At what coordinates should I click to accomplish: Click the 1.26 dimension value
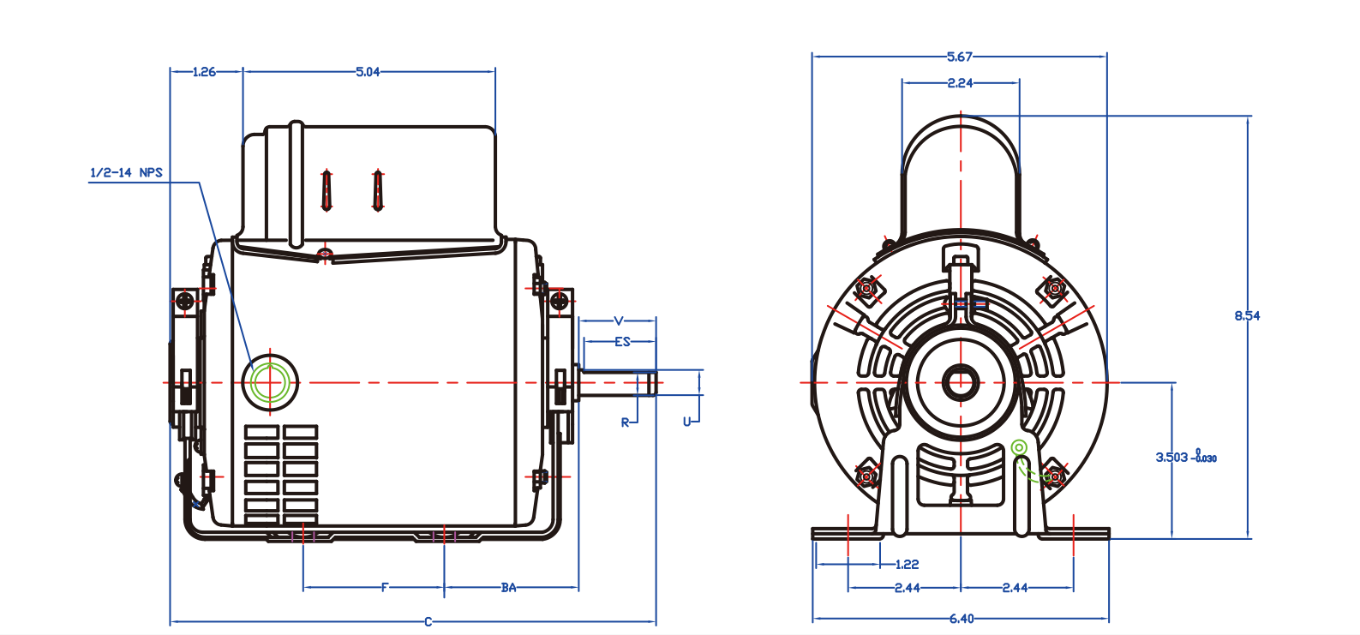pos(204,72)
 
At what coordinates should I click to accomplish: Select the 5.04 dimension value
pos(368,72)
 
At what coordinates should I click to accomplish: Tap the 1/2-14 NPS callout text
pos(126,172)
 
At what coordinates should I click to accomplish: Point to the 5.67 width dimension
pos(960,57)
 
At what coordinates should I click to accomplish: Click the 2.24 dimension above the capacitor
pos(960,83)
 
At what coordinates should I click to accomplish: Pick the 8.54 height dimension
pos(1247,315)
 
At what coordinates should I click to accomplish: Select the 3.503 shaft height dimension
pos(1172,457)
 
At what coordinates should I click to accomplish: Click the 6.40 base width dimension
pos(961,618)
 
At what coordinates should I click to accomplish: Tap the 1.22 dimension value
pos(907,564)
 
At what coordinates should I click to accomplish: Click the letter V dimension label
pos(619,321)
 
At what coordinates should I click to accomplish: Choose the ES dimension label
pos(622,341)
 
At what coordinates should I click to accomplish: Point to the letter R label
pos(626,422)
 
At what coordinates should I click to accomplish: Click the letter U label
pos(686,422)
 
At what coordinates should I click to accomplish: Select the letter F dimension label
pos(385,587)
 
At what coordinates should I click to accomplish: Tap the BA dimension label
pos(509,587)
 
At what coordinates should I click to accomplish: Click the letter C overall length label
pos(428,621)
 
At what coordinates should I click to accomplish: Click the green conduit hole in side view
pos(270,382)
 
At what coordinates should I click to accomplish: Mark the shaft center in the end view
pos(961,382)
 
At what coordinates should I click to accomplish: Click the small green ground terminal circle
pos(1019,447)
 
